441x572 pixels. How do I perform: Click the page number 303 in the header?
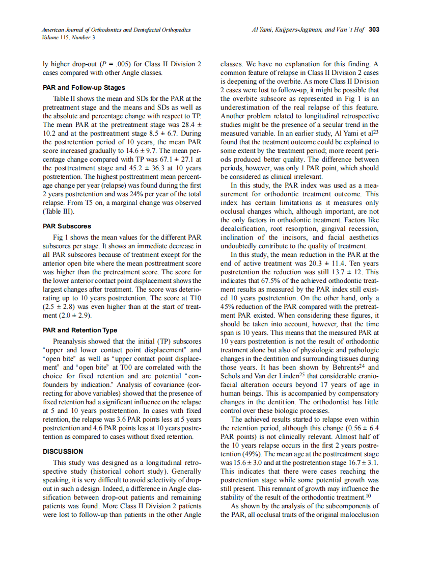pyautogui.click(x=374, y=30)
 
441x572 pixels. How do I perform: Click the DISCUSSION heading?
pyautogui.click(x=63, y=451)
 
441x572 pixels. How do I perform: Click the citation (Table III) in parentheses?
pyautogui.click(x=58, y=211)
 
